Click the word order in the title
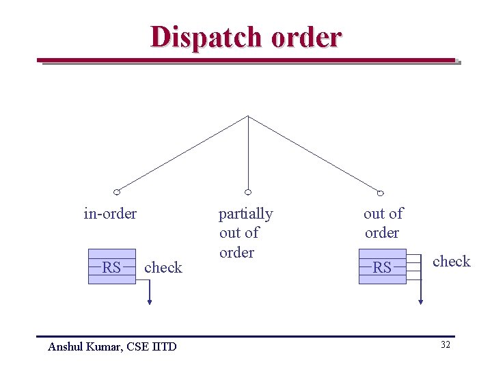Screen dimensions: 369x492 (306, 37)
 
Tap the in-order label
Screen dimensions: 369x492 (110, 214)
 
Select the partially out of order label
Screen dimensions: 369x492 (245, 233)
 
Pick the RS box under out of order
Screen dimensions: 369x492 (383, 267)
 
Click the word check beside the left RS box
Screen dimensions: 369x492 (163, 268)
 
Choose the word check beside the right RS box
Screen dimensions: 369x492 (452, 262)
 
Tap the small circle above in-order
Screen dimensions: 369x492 (117, 191)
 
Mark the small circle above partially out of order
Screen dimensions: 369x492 (248, 192)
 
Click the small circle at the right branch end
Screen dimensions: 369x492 (381, 193)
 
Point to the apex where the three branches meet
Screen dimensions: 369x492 (248, 116)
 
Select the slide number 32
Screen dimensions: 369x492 (445, 345)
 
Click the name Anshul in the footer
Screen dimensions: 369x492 (66, 346)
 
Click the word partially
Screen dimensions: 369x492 (245, 214)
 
